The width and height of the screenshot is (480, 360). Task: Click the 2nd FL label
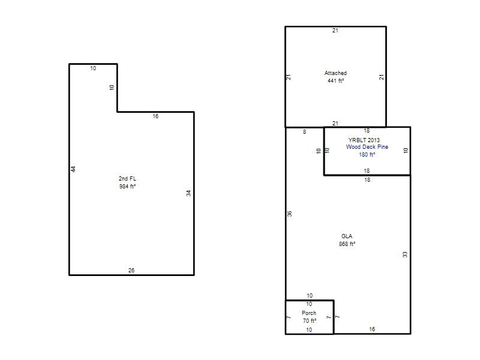(127, 178)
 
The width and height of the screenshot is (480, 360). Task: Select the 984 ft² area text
(127, 186)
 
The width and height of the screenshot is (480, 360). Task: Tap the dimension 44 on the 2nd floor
(73, 169)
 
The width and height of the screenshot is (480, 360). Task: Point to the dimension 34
(188, 193)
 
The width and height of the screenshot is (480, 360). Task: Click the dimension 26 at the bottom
(131, 271)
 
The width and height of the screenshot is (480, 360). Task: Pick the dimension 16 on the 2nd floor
(155, 116)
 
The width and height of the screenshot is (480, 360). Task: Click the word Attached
(335, 73)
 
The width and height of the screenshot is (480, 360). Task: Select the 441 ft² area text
(335, 81)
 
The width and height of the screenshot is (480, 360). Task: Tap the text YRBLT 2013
(364, 140)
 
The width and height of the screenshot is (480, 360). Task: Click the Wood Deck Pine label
(367, 147)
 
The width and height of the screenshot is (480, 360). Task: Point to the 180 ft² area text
(367, 155)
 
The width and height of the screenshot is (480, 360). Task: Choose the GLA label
(347, 236)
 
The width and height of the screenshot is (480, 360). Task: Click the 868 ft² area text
(347, 244)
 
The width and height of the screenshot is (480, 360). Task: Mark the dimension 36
(290, 214)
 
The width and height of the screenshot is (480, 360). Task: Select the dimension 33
(405, 254)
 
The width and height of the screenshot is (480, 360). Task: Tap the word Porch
(309, 313)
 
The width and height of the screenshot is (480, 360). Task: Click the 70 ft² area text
(310, 321)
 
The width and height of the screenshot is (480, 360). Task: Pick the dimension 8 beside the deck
(304, 132)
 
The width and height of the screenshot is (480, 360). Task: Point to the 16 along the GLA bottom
(372, 329)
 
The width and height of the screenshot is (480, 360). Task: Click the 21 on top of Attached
(335, 31)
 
